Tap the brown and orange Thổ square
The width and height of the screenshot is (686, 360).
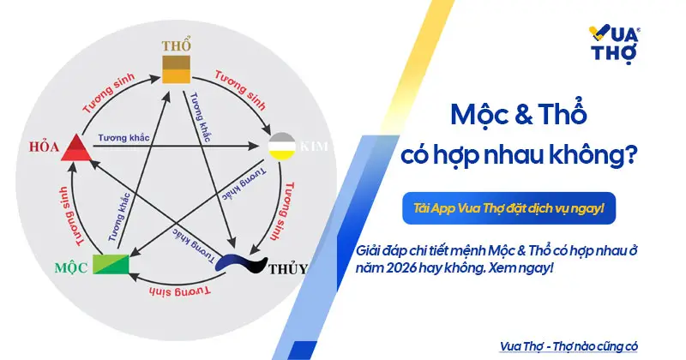point(178,68)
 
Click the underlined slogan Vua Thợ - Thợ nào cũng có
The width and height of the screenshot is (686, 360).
point(569,345)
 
